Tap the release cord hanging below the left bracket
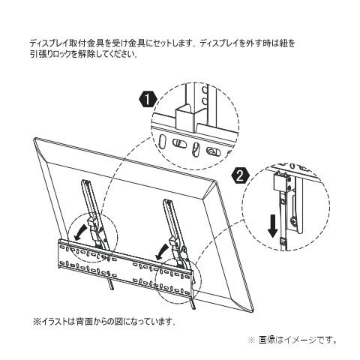(112, 284)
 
